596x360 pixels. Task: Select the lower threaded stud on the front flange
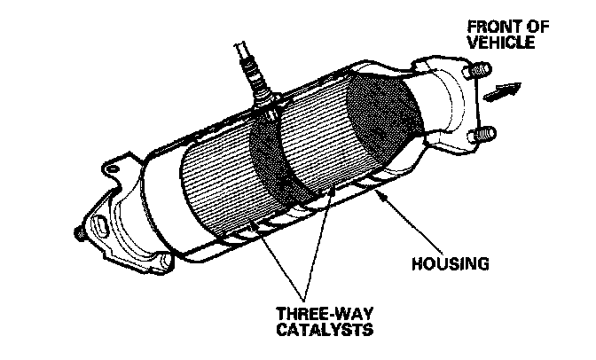click(486, 135)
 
